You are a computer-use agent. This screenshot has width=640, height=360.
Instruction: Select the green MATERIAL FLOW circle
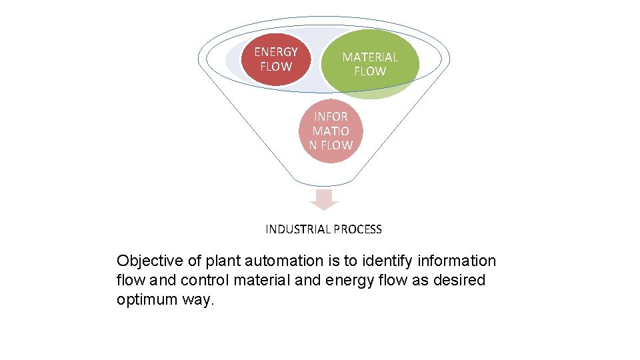pyautogui.click(x=370, y=64)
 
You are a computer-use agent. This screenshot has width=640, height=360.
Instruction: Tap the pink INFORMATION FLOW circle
pyautogui.click(x=331, y=131)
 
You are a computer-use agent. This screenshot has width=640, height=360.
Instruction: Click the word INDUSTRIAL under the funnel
pyautogui.click(x=298, y=229)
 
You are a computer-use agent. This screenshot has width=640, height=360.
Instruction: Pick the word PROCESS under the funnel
pyautogui.click(x=358, y=229)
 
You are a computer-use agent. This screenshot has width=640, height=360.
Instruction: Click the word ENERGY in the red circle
pyautogui.click(x=276, y=52)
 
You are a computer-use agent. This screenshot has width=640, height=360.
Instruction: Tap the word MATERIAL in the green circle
pyautogui.click(x=370, y=57)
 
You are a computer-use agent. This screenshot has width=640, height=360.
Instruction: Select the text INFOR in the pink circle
pyautogui.click(x=331, y=117)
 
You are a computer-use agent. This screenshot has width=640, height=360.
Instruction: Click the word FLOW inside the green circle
pyautogui.click(x=370, y=71)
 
